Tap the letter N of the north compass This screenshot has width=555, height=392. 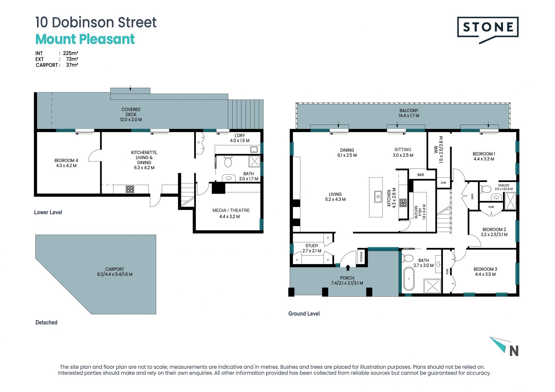click(x=514, y=351)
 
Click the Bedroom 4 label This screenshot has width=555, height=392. click(x=66, y=163)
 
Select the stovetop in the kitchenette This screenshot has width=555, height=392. click(x=130, y=189)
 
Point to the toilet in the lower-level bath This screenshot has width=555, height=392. click(x=228, y=162)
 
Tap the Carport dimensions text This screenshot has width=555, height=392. click(x=115, y=274)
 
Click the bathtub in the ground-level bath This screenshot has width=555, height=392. click(x=409, y=278)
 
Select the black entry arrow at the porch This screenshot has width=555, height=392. click(x=348, y=267)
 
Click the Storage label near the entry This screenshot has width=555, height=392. click(x=361, y=257)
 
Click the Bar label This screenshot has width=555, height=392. click(x=421, y=175)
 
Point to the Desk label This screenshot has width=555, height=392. click(x=443, y=183)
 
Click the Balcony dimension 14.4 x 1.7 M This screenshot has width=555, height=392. click(x=409, y=116)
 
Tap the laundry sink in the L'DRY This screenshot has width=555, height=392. click(x=254, y=149)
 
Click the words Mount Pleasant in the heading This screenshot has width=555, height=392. click(x=85, y=39)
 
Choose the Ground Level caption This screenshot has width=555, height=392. click(x=304, y=314)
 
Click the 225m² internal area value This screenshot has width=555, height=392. click(x=71, y=53)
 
